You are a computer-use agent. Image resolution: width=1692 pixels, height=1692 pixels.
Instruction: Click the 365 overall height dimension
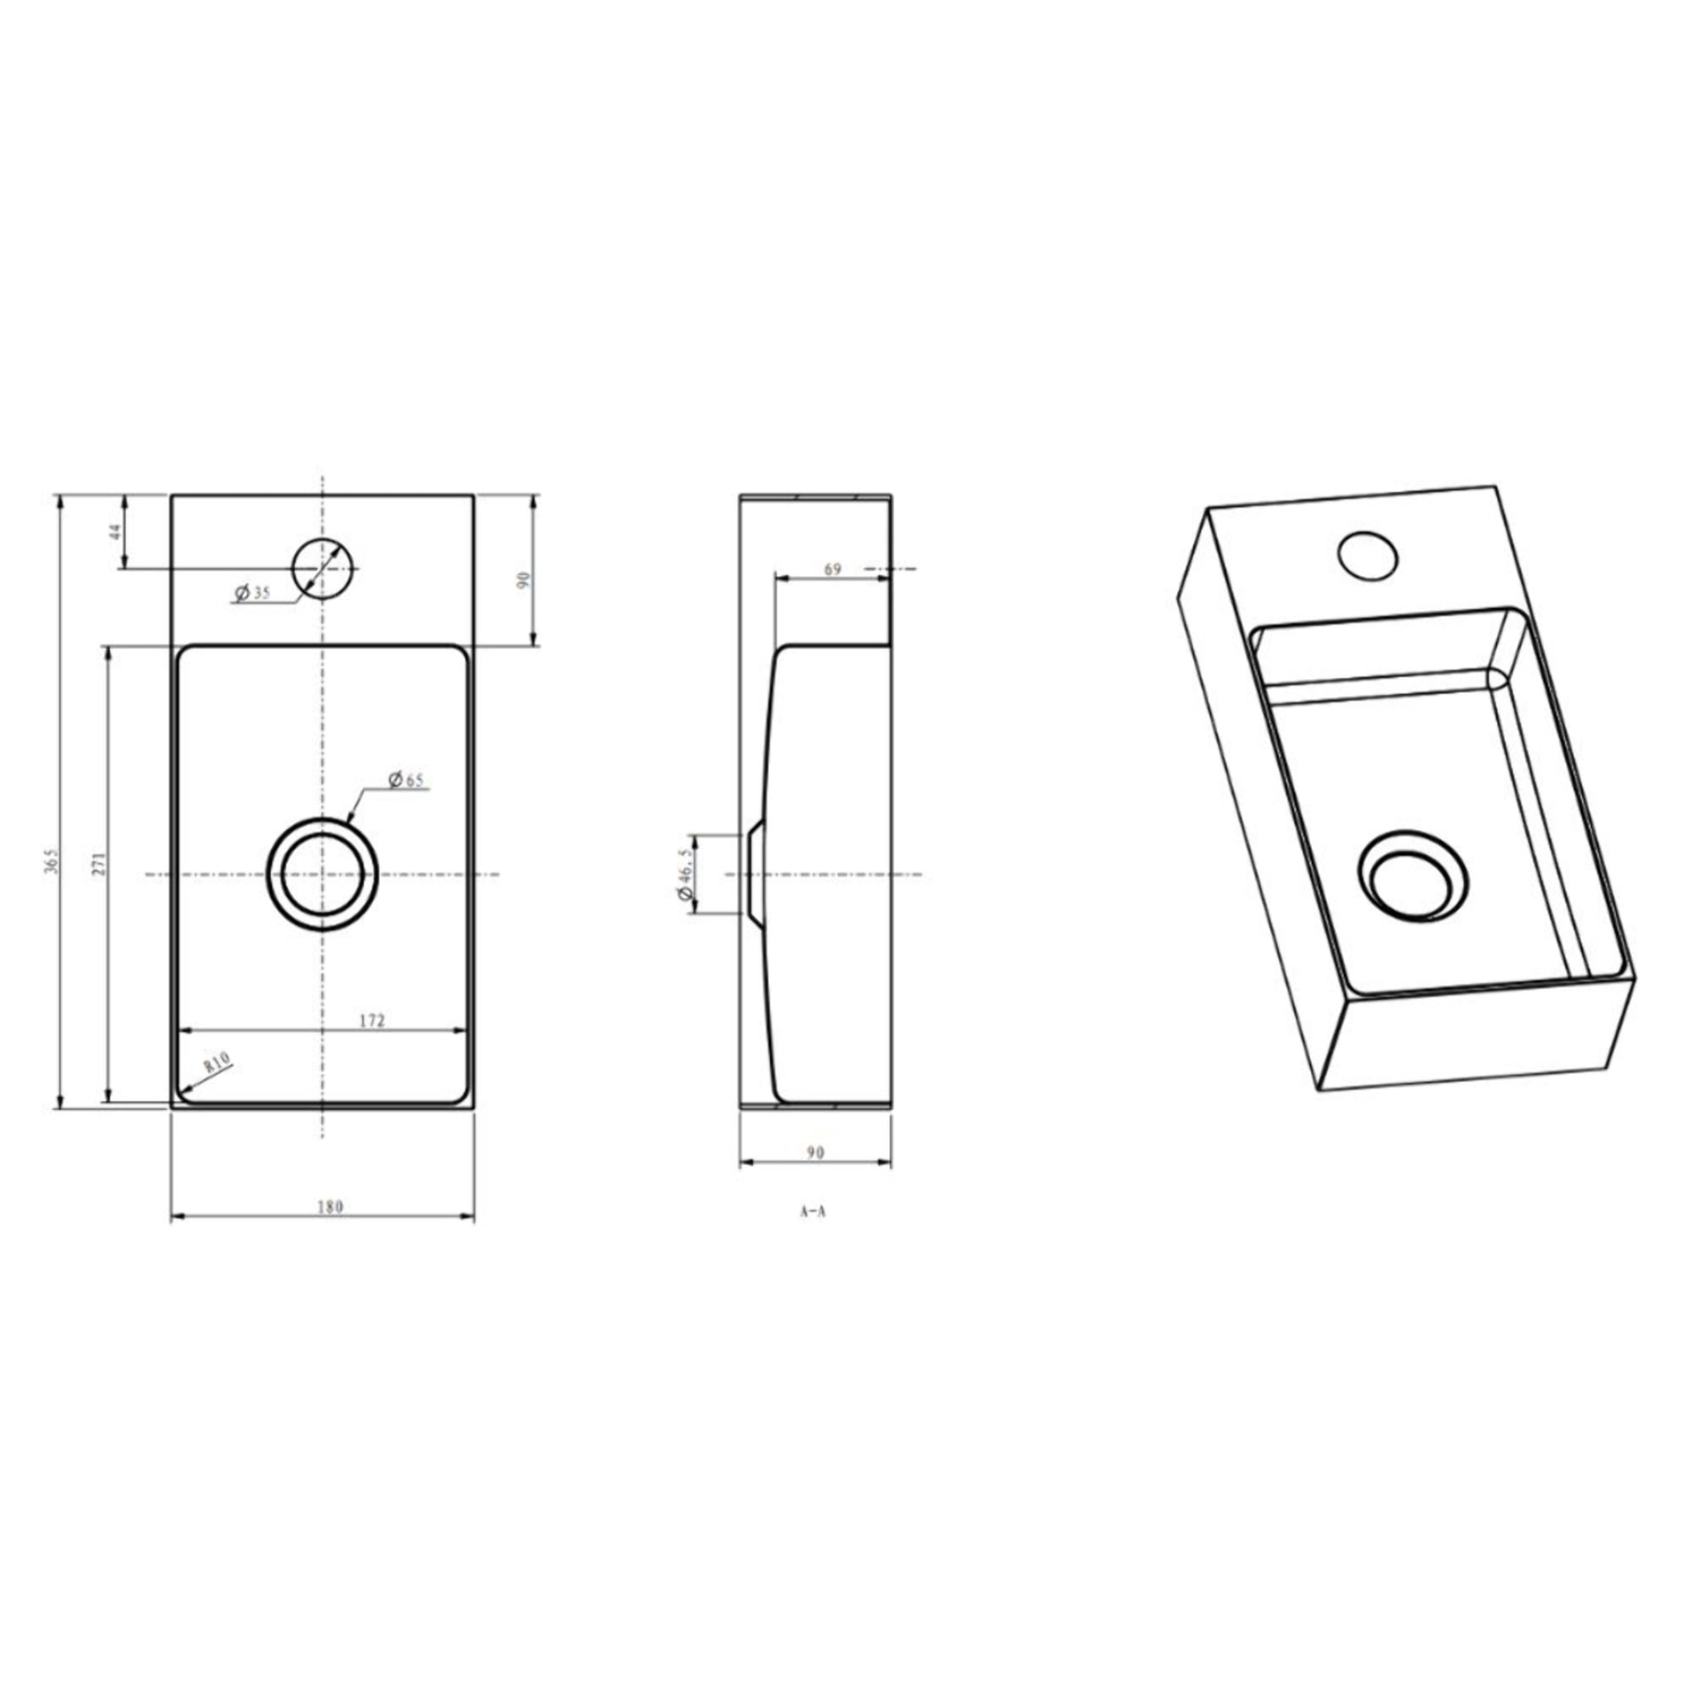coord(52,862)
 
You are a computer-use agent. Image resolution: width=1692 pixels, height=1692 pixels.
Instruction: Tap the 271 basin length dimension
coord(100,863)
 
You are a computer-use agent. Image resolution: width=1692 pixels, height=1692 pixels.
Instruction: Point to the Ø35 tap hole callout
coord(253,593)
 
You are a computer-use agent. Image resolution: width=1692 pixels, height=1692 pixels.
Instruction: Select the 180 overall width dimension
coord(330,1208)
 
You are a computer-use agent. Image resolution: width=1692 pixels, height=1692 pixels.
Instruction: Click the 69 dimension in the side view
coord(832,570)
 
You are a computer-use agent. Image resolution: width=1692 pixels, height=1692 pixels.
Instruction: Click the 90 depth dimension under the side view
coord(815,1153)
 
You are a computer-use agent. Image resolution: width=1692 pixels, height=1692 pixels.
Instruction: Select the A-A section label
coord(813,1213)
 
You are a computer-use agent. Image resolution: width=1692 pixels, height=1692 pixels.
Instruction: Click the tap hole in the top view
coord(323,568)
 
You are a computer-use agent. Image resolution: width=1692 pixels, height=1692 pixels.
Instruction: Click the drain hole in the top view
coord(323,874)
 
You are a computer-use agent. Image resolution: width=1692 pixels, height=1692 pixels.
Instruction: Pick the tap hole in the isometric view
coord(1367,555)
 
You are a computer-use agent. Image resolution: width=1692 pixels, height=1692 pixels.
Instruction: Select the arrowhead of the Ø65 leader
coord(351,820)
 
